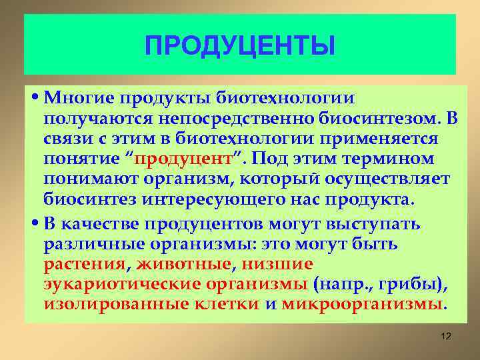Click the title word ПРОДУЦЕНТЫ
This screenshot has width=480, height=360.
click(x=240, y=47)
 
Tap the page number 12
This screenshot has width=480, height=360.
click(x=446, y=337)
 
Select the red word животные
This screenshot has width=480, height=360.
click(x=184, y=263)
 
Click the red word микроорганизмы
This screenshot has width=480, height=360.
click(x=363, y=304)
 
